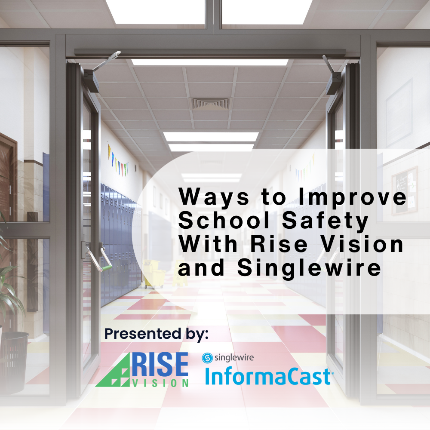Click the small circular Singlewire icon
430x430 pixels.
coord(207,357)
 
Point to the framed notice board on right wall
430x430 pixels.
coord(404,190)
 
